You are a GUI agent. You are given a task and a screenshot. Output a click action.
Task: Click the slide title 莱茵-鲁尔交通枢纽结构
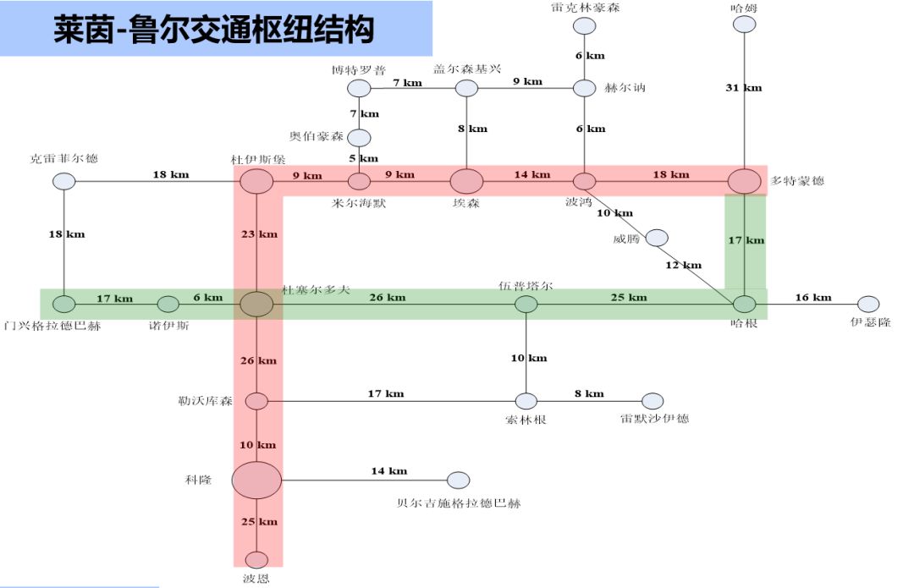pyautogui.click(x=213, y=31)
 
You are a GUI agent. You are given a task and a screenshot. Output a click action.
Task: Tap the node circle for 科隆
pyautogui.click(x=256, y=481)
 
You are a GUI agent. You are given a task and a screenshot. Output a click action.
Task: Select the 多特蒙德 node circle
pyautogui.click(x=745, y=181)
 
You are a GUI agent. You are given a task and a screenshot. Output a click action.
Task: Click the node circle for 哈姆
pyautogui.click(x=744, y=24)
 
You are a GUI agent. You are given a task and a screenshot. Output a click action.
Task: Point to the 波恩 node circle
pyautogui.click(x=256, y=560)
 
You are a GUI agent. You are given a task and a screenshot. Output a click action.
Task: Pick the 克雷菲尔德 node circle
pyautogui.click(x=63, y=181)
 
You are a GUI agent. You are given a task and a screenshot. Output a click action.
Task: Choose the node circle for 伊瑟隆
pyautogui.click(x=868, y=304)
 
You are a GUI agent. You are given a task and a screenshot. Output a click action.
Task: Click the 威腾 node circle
pyautogui.click(x=657, y=239)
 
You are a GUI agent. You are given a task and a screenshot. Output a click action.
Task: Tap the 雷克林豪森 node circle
pyautogui.click(x=584, y=25)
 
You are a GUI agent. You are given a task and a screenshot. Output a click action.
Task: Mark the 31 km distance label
pyautogui.click(x=744, y=88)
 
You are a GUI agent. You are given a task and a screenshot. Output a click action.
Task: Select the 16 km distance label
pyautogui.click(x=813, y=298)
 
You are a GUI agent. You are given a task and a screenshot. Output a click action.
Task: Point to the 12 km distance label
pyautogui.click(x=684, y=266)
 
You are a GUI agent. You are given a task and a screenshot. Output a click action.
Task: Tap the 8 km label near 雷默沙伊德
pyautogui.click(x=590, y=394)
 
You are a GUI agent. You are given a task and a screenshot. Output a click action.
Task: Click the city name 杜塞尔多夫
pyautogui.click(x=316, y=289)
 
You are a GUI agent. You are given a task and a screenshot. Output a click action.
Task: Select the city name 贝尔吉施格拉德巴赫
pyautogui.click(x=459, y=503)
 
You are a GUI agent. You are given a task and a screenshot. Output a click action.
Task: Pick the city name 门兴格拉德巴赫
pyautogui.click(x=52, y=325)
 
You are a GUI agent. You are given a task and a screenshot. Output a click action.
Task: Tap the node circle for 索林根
pyautogui.click(x=526, y=401)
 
